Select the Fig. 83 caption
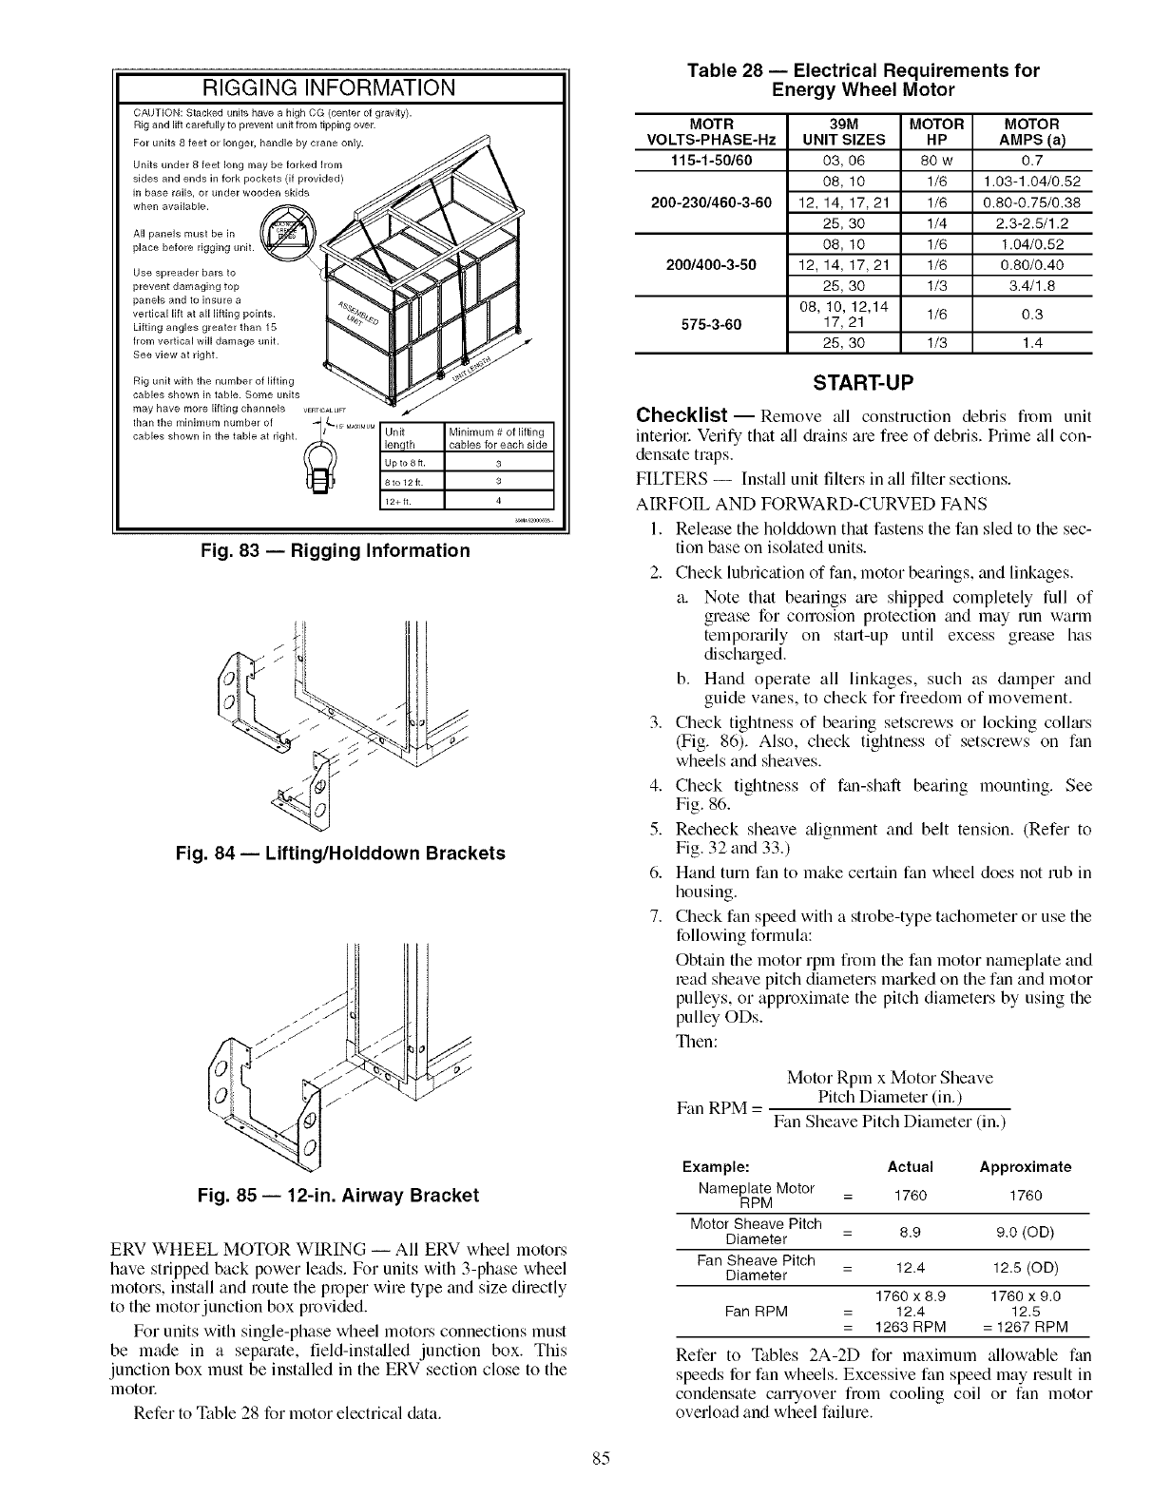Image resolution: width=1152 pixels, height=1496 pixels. pyautogui.click(x=339, y=551)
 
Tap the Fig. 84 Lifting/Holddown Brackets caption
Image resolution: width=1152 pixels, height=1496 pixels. pyautogui.click(x=339, y=853)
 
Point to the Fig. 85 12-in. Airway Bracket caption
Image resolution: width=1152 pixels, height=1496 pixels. pyautogui.click(x=339, y=1195)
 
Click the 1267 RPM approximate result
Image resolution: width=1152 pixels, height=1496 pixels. pyautogui.click(x=1027, y=1327)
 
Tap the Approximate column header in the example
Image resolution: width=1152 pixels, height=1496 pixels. pyautogui.click(x=1025, y=1166)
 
